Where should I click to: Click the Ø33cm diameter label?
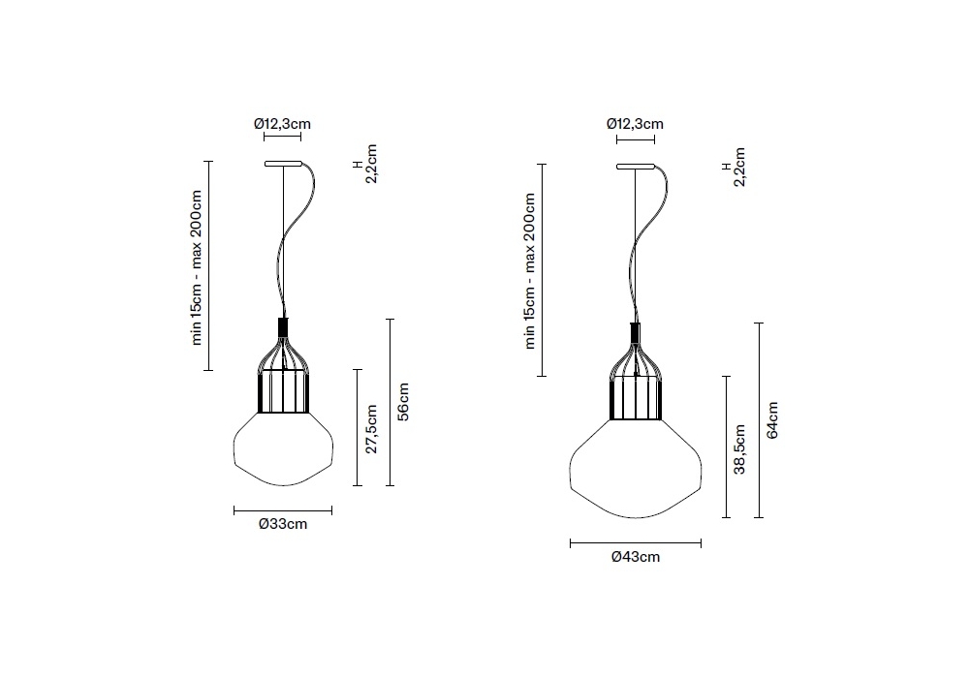click(283, 524)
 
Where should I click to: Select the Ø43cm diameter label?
click(636, 557)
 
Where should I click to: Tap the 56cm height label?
click(403, 402)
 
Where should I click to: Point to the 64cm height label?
click(772, 420)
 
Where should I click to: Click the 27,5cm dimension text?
click(371, 429)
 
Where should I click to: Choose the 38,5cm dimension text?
click(739, 448)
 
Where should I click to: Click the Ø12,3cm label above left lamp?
click(282, 124)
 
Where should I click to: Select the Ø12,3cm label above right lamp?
click(636, 124)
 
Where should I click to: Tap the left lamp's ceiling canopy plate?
click(283, 164)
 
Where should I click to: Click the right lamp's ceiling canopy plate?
click(636, 166)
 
